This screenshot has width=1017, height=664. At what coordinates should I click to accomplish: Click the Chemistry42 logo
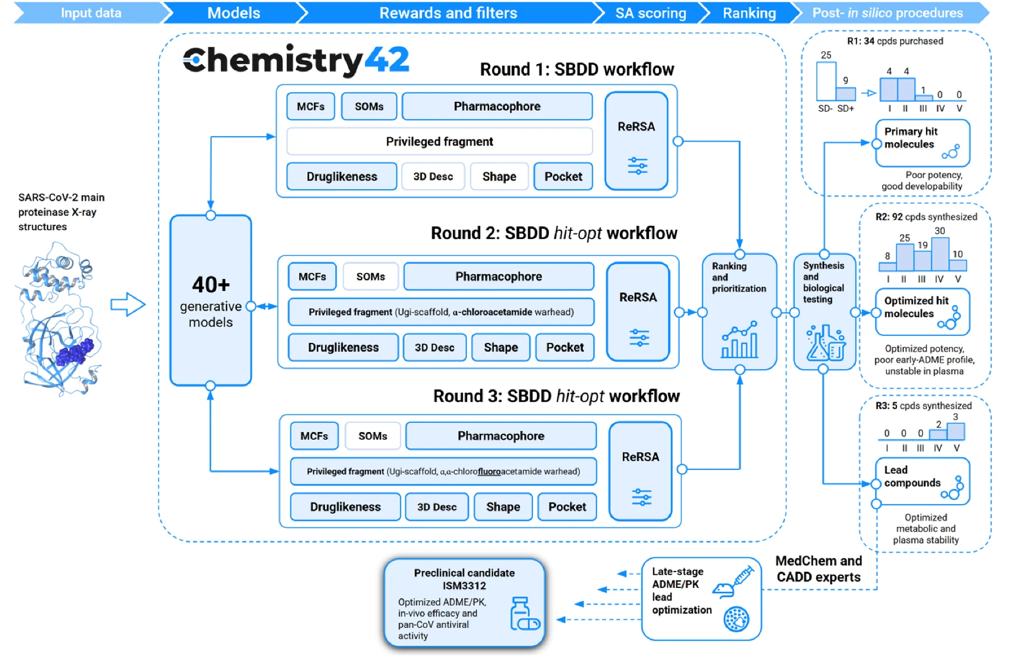296,60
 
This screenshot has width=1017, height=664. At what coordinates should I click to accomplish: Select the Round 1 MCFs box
311,107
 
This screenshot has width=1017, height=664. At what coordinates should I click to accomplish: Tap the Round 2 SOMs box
370,277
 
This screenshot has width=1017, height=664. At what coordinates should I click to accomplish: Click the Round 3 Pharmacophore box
500,436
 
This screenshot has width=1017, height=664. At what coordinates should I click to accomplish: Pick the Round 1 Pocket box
563,177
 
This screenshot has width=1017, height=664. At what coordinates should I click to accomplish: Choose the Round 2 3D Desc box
434,347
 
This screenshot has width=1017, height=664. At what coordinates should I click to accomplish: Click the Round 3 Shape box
503,507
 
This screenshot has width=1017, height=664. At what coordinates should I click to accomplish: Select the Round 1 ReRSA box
636,141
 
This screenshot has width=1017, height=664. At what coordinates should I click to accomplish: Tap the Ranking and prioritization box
738,311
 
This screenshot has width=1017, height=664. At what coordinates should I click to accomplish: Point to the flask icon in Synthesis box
824,343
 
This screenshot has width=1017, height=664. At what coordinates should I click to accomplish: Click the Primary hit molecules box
922,143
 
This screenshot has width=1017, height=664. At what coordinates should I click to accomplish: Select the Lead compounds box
922,481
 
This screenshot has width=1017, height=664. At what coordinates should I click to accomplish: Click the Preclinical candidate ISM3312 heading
464,579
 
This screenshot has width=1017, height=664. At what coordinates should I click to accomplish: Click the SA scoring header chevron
650,13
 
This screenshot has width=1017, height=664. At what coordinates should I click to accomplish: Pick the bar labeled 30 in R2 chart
940,254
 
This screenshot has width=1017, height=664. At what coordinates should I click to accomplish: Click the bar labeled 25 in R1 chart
826,82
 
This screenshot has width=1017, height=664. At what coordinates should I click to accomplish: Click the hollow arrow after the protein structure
128,305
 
